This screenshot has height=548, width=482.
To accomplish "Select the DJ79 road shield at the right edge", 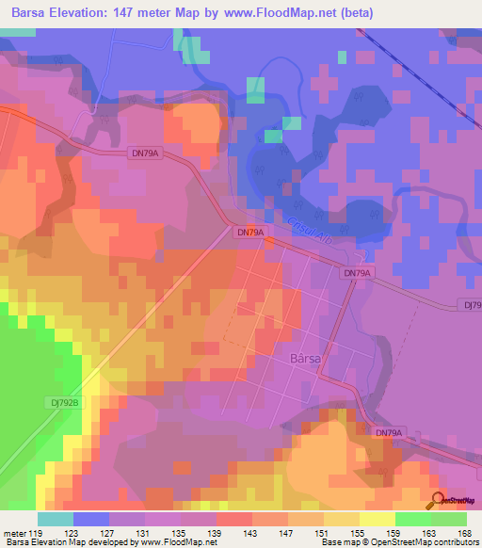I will click(x=472, y=305).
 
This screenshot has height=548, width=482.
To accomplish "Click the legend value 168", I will click(x=464, y=533).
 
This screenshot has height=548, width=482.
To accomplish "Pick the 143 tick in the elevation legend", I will click(x=249, y=533).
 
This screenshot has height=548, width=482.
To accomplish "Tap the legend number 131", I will click(x=141, y=533).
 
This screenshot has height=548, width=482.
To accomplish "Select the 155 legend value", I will click(x=356, y=533).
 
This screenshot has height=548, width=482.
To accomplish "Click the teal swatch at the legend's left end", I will click(x=56, y=519).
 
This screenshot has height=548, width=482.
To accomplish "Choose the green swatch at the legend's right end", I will click(x=449, y=519).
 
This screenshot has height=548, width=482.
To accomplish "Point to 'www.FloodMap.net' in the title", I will click(x=282, y=13).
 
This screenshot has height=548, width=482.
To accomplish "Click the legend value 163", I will click(x=428, y=533).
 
